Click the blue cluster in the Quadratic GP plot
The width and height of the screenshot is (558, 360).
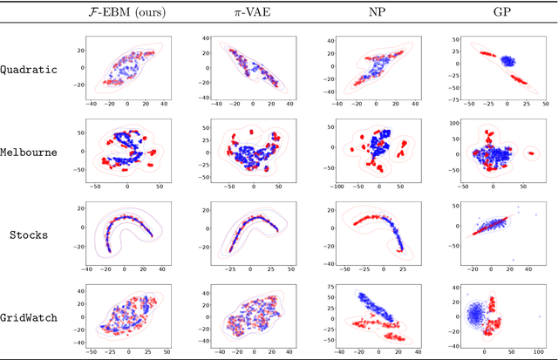485,62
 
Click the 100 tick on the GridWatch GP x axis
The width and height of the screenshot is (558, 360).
541,353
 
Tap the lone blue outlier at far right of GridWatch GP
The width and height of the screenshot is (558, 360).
541,316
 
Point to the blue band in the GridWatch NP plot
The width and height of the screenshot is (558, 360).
367,305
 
